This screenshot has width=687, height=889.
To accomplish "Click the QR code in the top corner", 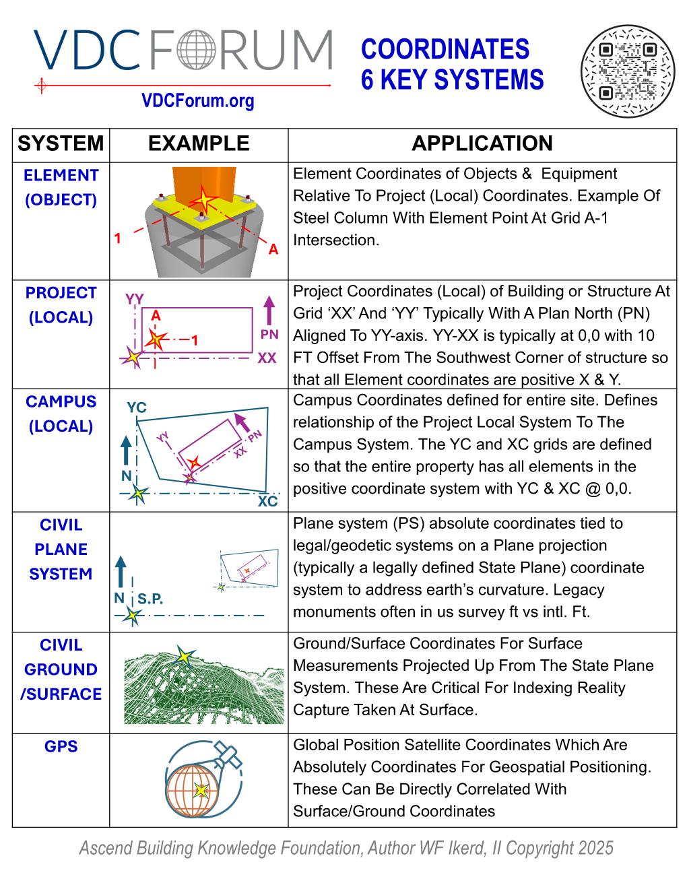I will coord(627,71).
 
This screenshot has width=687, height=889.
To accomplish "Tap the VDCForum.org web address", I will coord(198,101).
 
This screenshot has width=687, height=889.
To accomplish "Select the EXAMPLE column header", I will coord(198,143).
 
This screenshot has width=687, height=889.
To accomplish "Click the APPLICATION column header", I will coord(482,143).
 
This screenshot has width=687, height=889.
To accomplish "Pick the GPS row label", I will coord(61,746).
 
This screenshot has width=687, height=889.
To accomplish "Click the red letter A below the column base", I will coord(273,250).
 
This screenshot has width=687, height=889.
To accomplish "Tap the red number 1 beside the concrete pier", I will coord(117,238).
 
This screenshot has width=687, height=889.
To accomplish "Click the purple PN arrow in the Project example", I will coord(269,311).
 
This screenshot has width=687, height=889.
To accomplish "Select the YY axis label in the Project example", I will coord(135,298).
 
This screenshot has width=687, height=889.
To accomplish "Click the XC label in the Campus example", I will coord(267,502).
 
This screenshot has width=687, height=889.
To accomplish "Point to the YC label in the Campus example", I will coord(137,407).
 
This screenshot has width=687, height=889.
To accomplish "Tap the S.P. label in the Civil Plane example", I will coord(150,599).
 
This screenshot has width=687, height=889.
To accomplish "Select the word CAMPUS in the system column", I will coord(61,401).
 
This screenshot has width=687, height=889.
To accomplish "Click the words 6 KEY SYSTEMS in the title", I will coord(452,80).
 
